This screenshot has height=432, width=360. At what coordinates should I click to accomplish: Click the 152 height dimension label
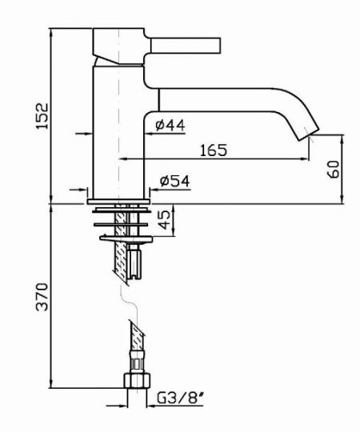point(42,116)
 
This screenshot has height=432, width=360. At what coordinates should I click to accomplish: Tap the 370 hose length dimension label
point(42,297)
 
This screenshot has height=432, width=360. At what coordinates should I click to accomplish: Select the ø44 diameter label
point(170,126)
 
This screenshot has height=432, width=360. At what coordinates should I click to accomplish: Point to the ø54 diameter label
point(175,181)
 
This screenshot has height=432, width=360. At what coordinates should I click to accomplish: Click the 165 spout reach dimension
point(214,150)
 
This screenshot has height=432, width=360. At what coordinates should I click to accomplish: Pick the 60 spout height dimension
point(333,169)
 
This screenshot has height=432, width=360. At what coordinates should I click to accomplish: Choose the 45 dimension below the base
point(166,219)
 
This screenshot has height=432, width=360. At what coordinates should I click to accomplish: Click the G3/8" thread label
point(181,398)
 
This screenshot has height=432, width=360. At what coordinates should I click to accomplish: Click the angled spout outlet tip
point(309,134)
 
